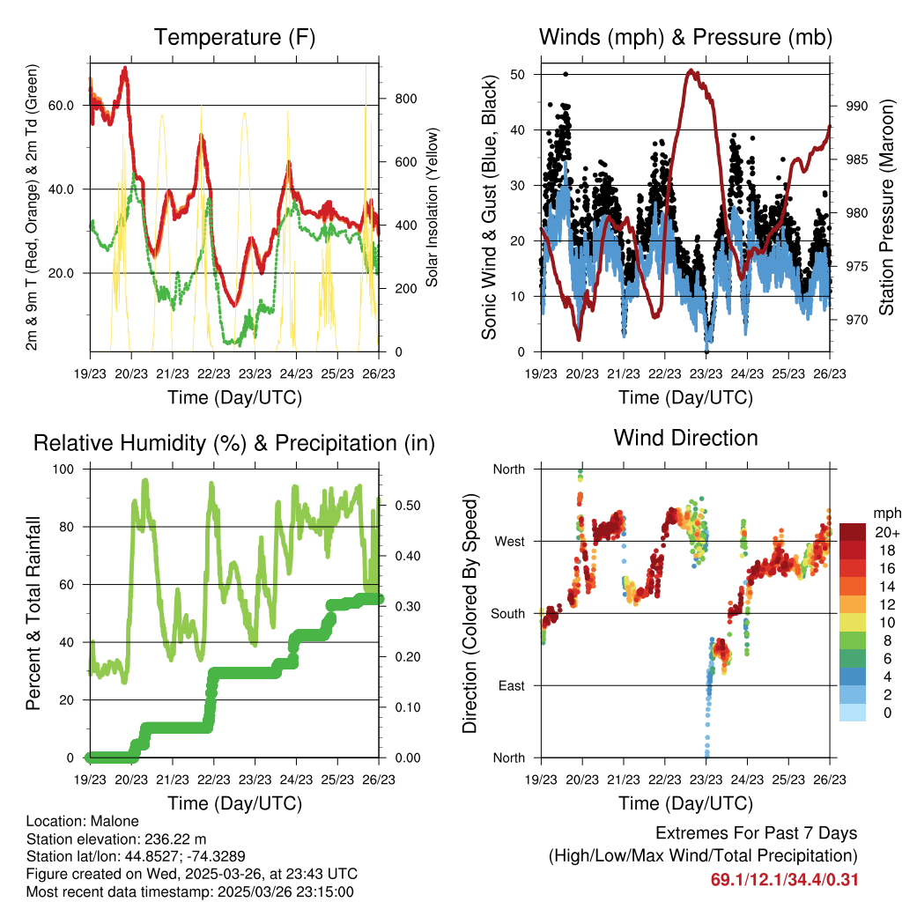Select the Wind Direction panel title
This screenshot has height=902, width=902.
click(x=685, y=438)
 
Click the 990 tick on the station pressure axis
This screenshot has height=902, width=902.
click(x=856, y=106)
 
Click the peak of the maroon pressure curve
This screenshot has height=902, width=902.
click(x=691, y=71)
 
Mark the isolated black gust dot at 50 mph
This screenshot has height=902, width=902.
click(x=566, y=74)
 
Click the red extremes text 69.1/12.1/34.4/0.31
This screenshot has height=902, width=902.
click(x=784, y=880)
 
